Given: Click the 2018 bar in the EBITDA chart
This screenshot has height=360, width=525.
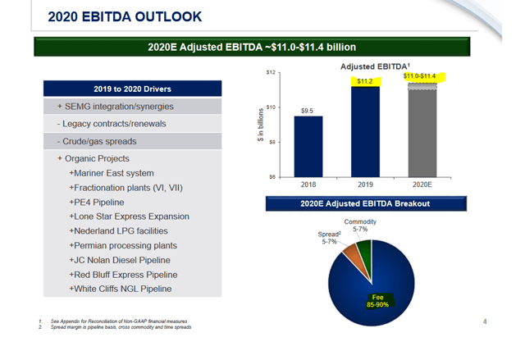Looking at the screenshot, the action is point(308,147).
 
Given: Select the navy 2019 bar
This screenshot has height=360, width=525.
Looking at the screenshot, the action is point(365,132).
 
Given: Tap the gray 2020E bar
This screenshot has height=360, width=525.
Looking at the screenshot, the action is point(422,130).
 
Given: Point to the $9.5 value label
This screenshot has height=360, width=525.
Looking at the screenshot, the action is point(307,111).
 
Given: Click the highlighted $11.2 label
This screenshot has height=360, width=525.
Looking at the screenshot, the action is point(365,81).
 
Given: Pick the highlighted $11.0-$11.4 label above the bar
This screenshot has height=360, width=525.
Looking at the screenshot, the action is point(419,76).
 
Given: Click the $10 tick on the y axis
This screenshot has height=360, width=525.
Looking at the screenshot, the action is point(271,107).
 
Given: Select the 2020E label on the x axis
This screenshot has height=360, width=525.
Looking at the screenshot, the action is point(422,185).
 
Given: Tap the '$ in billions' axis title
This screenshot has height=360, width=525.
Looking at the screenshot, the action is point(261,125).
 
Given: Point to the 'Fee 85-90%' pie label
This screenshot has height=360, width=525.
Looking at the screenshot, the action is point(377,301).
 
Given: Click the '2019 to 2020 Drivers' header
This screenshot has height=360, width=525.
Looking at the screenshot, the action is point(133,89).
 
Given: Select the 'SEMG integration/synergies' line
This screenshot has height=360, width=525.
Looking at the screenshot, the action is point(116,107).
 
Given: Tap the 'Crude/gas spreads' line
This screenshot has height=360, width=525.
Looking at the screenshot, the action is point(97,141).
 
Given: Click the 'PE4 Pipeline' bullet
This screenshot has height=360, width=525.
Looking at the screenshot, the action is point(97,202).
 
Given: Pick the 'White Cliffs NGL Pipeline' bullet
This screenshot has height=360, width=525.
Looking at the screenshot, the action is point(121,289).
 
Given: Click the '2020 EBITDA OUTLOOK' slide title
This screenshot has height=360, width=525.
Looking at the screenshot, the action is point(125,16).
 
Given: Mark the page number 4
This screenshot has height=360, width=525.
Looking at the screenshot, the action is point(485,321).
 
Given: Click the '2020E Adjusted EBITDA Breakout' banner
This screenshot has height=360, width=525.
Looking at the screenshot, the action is point(366,203).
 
